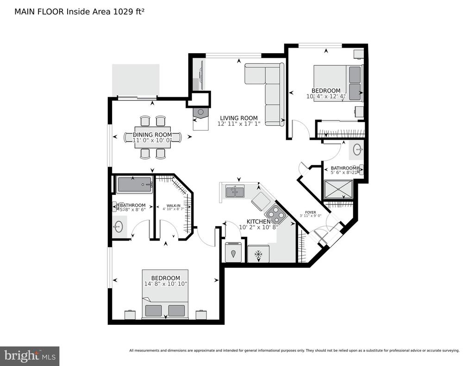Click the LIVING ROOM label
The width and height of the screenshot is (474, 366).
coord(238,118)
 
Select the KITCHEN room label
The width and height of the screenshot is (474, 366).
coord(254,222)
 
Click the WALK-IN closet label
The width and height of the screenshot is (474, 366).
coord(173,205)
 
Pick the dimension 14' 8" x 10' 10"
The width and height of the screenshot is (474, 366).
coord(165,284)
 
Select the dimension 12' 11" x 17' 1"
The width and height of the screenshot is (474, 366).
coord(238,124)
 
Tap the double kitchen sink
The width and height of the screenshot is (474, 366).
coord(235,191)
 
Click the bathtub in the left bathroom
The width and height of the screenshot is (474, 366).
coord(134,185)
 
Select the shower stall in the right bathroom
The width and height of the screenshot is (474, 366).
coord(338,190)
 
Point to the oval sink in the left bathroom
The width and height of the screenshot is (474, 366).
coord(118,227)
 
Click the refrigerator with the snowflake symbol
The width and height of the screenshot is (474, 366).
coord(258,254)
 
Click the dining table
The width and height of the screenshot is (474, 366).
coord(153,137)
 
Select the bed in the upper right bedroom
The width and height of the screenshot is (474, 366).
coord(338,82)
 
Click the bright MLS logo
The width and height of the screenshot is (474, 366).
coord(30,356)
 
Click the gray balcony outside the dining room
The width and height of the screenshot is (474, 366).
coord(136,80)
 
